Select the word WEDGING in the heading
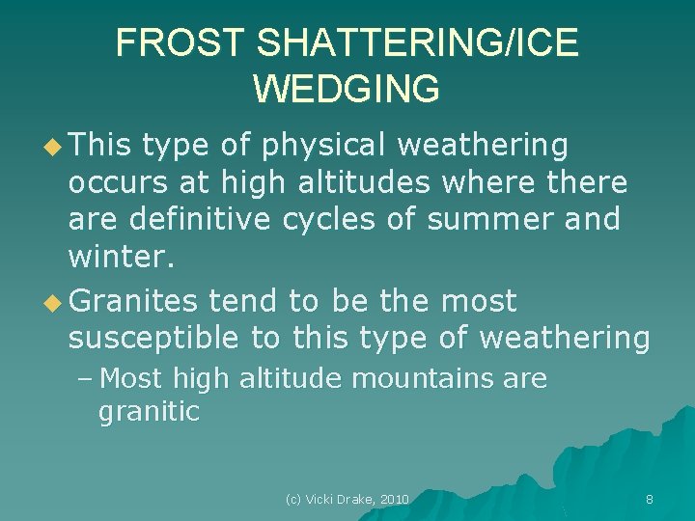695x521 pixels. pos(347,88)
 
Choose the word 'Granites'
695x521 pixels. pos(134,302)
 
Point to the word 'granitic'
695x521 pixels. pos(149,413)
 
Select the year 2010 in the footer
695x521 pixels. pos(395,499)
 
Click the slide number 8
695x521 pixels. pos(649,499)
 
